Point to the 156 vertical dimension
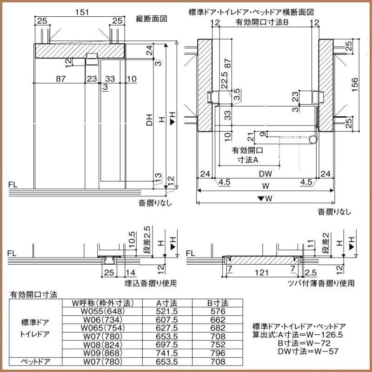pos(355,84)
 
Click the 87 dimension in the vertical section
pos(60,79)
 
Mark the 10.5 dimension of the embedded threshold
pos(132,240)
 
